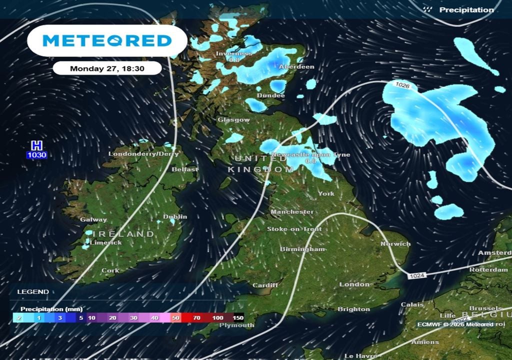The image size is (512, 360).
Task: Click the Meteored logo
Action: pos(107,40)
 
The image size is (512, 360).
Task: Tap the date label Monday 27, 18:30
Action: pos(107,68)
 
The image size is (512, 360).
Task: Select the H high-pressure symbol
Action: pos(36,145)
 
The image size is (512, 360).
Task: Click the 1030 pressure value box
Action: pos(36,155)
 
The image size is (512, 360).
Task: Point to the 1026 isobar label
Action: pos(402,85)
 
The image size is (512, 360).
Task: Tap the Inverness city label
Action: pos(234,53)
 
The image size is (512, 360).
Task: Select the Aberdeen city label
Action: pos(296,66)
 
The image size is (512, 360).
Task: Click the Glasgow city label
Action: pos(233,120)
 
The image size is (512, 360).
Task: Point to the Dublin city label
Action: pos(175,216)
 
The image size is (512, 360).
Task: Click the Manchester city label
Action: pos(292,212)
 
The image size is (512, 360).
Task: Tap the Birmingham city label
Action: pos(302,249)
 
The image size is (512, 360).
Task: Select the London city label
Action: pos(354,284)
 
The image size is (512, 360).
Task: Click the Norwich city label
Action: pos(395,244)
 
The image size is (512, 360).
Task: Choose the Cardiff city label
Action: pos(265,285)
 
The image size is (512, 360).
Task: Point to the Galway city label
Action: pos(93,219)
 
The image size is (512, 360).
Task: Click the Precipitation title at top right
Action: pos(466,10)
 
